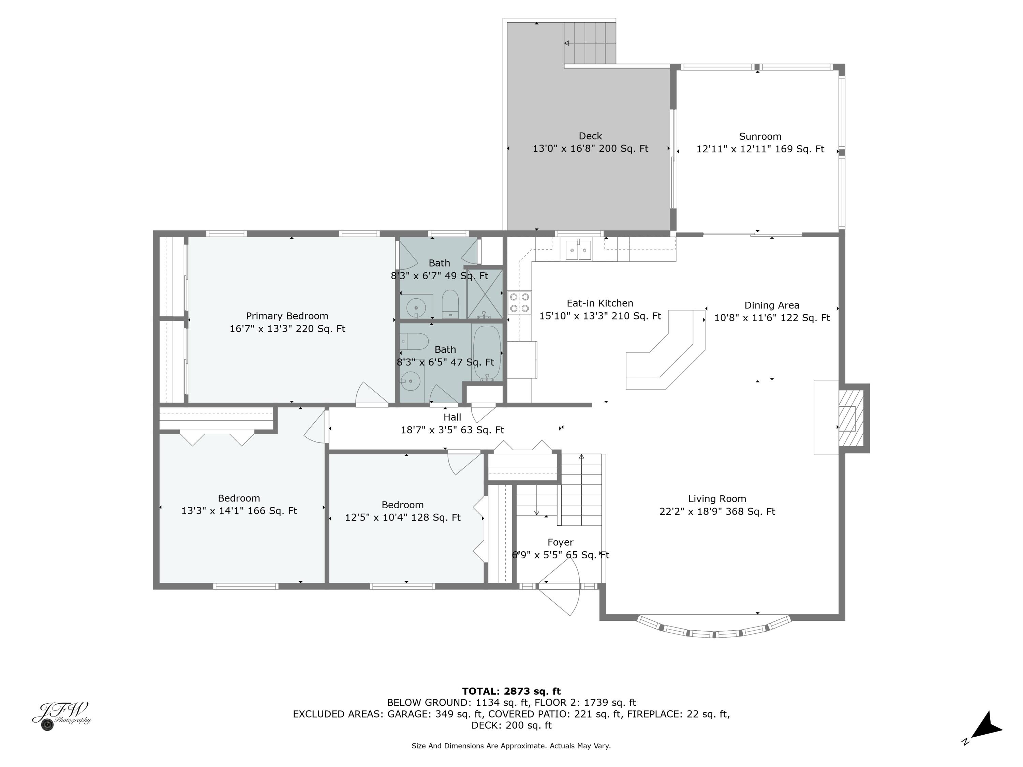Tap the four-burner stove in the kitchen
click(519, 303)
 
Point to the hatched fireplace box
click(850, 418)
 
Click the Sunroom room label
click(760, 136)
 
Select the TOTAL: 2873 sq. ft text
click(511, 691)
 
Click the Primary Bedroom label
click(287, 316)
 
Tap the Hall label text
click(452, 417)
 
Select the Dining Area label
click(771, 305)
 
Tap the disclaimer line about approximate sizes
click(511, 746)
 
